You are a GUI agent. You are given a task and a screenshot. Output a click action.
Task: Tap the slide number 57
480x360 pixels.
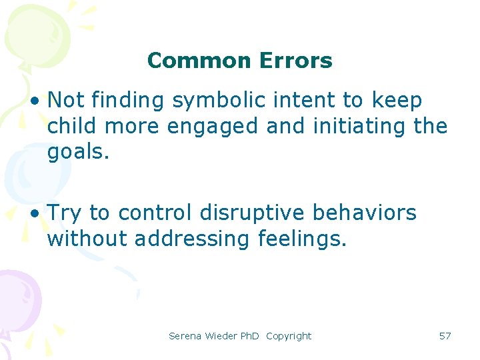[x=445, y=336]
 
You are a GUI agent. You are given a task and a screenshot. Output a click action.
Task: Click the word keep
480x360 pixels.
[x=397, y=101]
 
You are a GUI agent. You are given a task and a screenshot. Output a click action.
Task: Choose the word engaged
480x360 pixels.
[x=210, y=126]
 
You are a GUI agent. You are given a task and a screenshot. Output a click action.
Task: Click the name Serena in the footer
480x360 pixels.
[x=185, y=336]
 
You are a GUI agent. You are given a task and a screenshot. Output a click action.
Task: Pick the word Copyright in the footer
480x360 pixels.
[x=288, y=336]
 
